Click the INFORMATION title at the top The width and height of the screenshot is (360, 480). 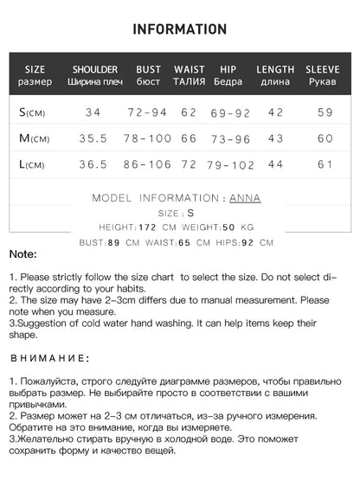click(180, 29)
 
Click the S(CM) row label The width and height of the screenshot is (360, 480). click(34, 112)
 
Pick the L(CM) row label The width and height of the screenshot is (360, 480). click(34, 164)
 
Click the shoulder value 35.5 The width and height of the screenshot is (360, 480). click(94, 138)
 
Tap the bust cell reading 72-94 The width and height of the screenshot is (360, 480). click(148, 112)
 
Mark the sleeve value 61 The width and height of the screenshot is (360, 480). click(325, 164)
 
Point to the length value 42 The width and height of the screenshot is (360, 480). click(275, 112)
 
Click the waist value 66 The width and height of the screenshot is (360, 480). click(189, 138)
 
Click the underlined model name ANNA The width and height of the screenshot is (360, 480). click(245, 198)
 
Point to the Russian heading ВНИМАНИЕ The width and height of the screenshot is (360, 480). click(48, 357)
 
